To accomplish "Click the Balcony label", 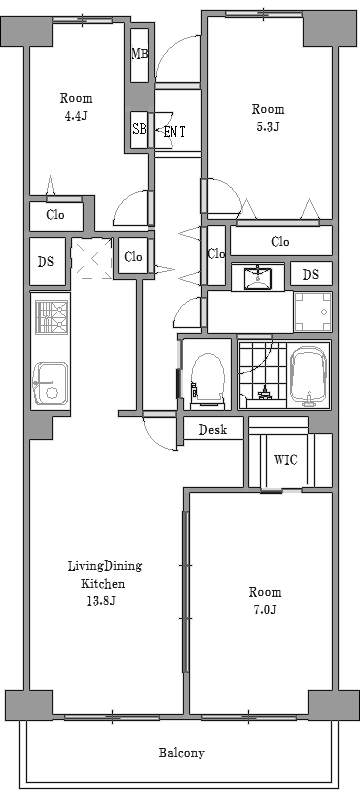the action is pyautogui.click(x=181, y=752).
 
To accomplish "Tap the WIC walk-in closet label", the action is pyautogui.click(x=285, y=460).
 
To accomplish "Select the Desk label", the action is pyautogui.click(x=213, y=430).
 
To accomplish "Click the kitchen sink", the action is pyautogui.click(x=50, y=383).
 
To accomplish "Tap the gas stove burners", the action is pyautogui.click(x=52, y=318).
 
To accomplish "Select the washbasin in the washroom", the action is pyautogui.click(x=257, y=277).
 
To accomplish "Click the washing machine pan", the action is pyautogui.click(x=313, y=312).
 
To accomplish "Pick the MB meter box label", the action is pyautogui.click(x=140, y=54).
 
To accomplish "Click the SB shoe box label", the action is pyautogui.click(x=139, y=128).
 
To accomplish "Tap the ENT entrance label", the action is pyautogui.click(x=174, y=132).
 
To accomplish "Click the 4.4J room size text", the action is pyautogui.click(x=76, y=116).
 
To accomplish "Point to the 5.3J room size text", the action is pyautogui.click(x=268, y=126).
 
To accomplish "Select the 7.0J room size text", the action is pyautogui.click(x=265, y=609).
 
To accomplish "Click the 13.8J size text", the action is pyautogui.click(x=103, y=601).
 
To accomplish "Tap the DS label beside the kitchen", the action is pyautogui.click(x=46, y=262).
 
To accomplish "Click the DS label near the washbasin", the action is pyautogui.click(x=311, y=275).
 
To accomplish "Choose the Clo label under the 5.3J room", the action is pyautogui.click(x=280, y=242).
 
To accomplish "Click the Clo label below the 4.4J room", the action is pyautogui.click(x=55, y=215).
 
